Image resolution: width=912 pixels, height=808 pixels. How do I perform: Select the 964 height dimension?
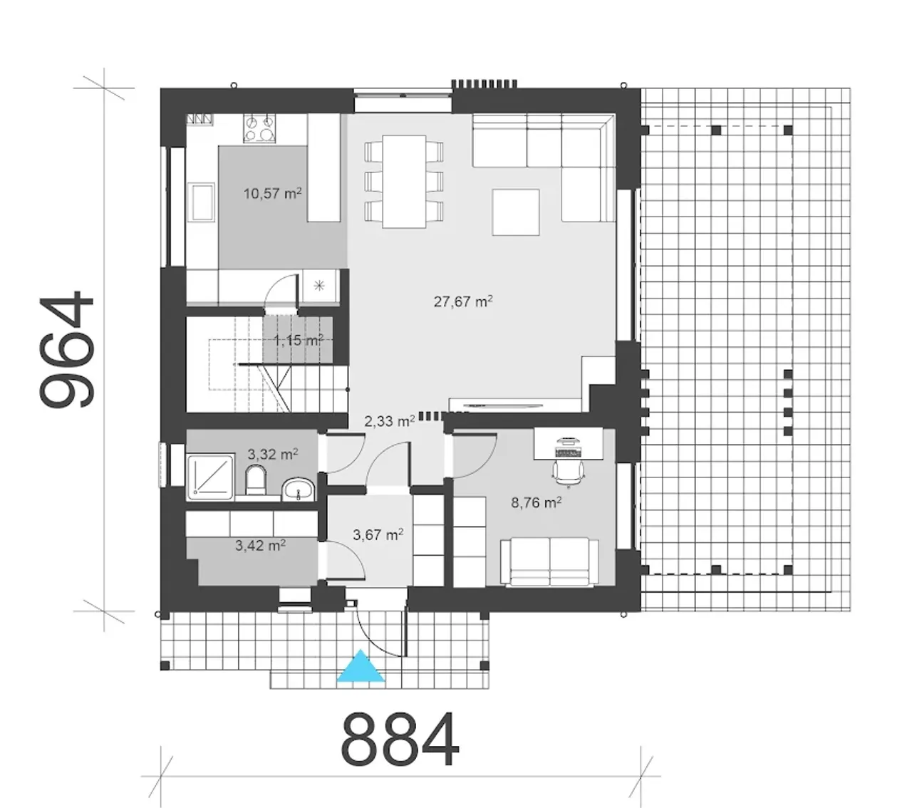68,349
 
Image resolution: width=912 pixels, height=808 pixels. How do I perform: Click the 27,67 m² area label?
463,301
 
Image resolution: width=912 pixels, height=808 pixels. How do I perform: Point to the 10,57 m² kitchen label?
272,193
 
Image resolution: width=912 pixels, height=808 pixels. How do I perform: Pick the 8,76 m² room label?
536,502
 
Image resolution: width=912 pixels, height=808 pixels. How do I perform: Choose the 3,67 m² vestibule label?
378,535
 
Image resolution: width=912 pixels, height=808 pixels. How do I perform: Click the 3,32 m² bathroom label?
273,454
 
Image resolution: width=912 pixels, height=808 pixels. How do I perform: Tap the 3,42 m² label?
260,546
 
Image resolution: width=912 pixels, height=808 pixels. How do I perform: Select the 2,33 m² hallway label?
389,421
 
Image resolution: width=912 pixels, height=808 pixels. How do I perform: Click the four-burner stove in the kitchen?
260,128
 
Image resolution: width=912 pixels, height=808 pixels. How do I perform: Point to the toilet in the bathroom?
256,480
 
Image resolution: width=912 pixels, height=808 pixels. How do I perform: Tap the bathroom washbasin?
298,490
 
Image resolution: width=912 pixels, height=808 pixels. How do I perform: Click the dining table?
404,182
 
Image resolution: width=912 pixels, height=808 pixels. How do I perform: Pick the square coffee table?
516,212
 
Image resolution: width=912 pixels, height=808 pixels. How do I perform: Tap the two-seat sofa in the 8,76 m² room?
549,561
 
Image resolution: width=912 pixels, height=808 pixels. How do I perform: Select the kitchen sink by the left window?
201,202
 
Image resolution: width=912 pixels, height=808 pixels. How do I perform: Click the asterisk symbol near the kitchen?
319,286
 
